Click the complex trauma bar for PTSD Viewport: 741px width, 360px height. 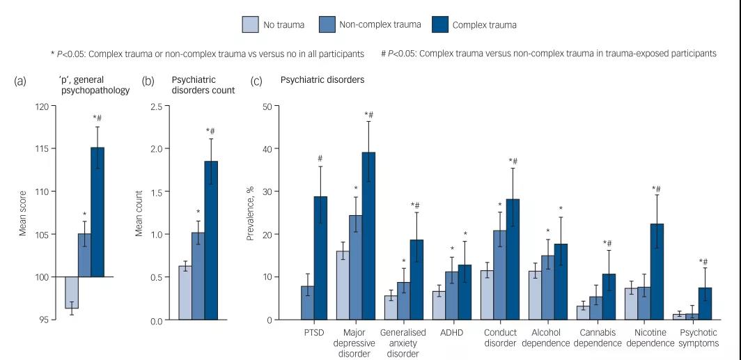click(320, 258)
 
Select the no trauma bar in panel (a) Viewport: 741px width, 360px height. click(72, 292)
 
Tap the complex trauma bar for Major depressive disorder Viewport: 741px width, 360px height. click(368, 236)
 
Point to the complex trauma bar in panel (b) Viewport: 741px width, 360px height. click(211, 240)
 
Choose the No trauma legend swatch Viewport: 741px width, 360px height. click(251, 25)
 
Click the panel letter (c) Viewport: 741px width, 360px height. click(256, 81)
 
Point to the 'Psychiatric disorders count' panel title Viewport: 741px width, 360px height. click(203, 85)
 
